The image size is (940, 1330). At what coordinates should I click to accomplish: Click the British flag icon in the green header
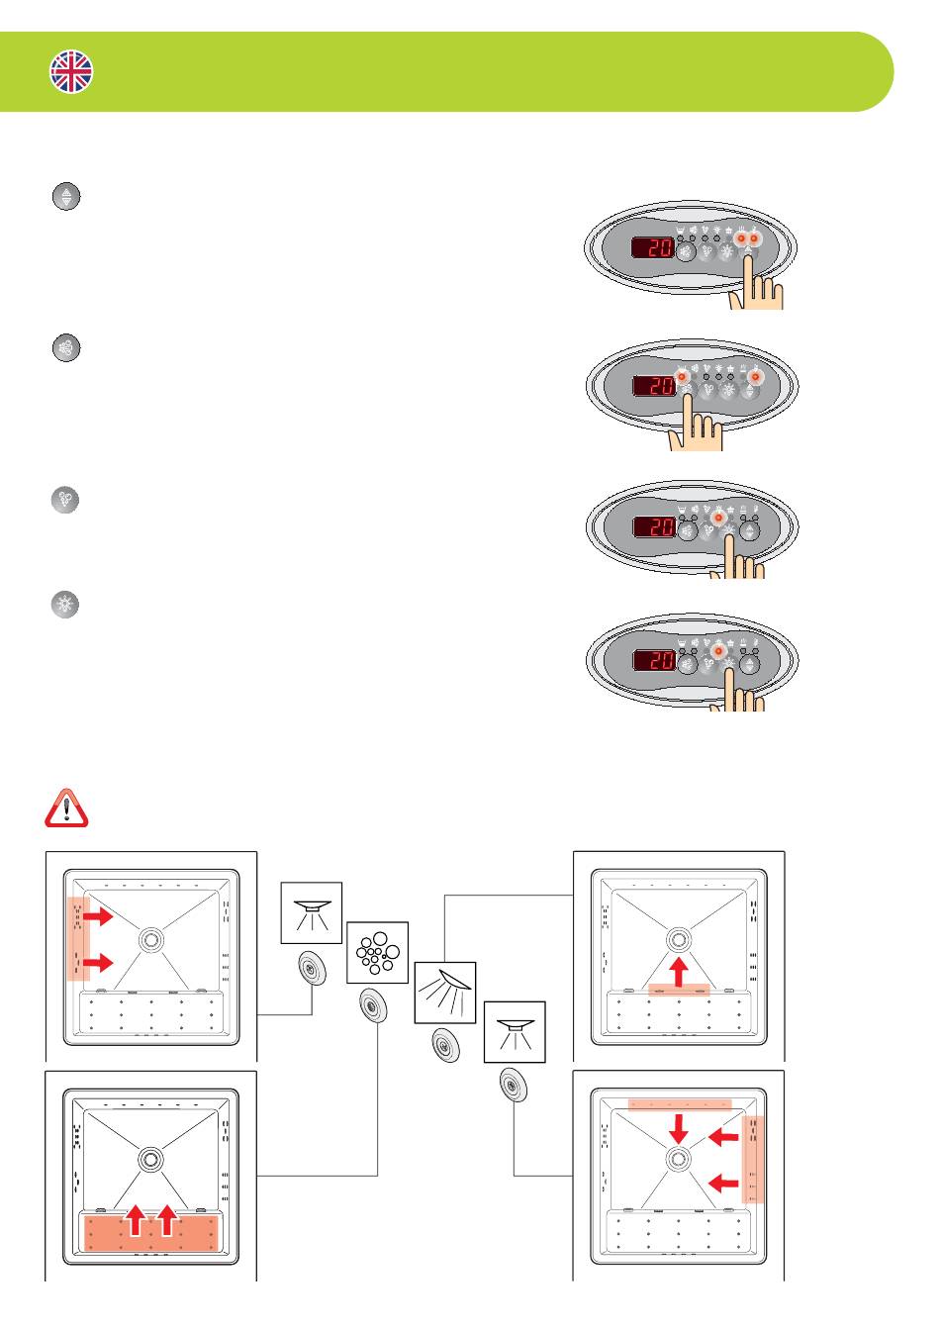(x=71, y=72)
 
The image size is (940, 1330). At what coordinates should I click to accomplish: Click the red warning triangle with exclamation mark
(x=66, y=807)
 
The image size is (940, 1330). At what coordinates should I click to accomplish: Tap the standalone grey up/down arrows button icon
(x=66, y=196)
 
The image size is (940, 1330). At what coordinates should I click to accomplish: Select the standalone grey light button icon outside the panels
(x=65, y=605)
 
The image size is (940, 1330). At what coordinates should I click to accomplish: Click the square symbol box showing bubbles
(x=377, y=952)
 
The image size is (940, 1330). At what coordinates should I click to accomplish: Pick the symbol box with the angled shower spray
(x=444, y=992)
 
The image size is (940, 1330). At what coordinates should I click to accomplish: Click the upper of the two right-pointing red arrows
(x=97, y=917)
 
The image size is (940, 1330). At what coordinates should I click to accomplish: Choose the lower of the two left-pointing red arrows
(x=724, y=1181)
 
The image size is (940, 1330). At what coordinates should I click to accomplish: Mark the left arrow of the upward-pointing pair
(x=136, y=1218)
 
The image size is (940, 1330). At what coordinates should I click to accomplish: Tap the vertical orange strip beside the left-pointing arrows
(x=754, y=1159)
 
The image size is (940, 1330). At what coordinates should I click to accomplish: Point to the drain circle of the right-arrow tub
(x=150, y=938)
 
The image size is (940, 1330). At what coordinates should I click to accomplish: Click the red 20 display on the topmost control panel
(x=654, y=248)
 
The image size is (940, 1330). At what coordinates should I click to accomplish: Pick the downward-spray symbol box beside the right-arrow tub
(x=312, y=910)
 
